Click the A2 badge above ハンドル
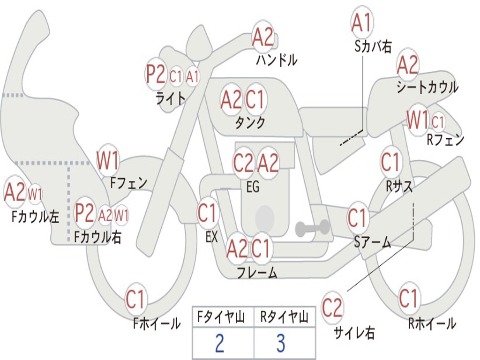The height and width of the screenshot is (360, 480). click(263, 37)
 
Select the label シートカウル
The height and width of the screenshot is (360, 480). click(427, 87)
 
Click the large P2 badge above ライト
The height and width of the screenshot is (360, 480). click(156, 75)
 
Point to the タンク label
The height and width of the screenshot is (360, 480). click(250, 122)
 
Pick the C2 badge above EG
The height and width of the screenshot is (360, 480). click(243, 163)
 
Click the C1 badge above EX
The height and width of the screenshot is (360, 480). click(208, 213)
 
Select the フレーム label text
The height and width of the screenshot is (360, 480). click(257, 272)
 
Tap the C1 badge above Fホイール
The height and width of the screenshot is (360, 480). click(136, 300)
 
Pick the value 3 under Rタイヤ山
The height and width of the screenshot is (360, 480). click(281, 344)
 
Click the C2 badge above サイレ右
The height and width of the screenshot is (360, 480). click(332, 308)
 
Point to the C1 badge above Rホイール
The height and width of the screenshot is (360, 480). click(408, 298)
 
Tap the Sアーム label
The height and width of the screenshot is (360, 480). click(372, 242)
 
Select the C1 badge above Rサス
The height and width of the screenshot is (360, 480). click(390, 163)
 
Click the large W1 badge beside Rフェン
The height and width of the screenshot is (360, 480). click(418, 120)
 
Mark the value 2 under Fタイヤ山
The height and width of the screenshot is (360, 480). click(219, 344)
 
